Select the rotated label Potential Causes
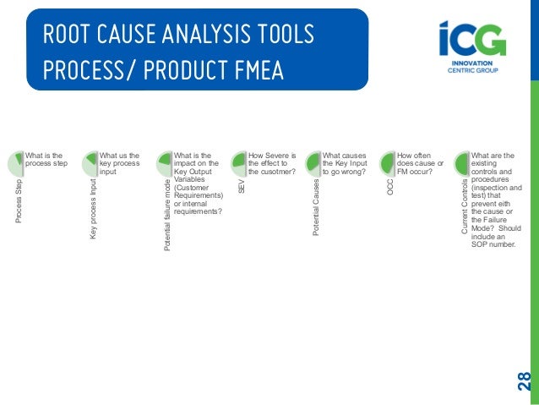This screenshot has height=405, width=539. coord(315,206)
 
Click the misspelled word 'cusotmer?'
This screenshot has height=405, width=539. coord(276,172)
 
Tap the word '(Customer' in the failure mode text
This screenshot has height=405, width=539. coord(192,188)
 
